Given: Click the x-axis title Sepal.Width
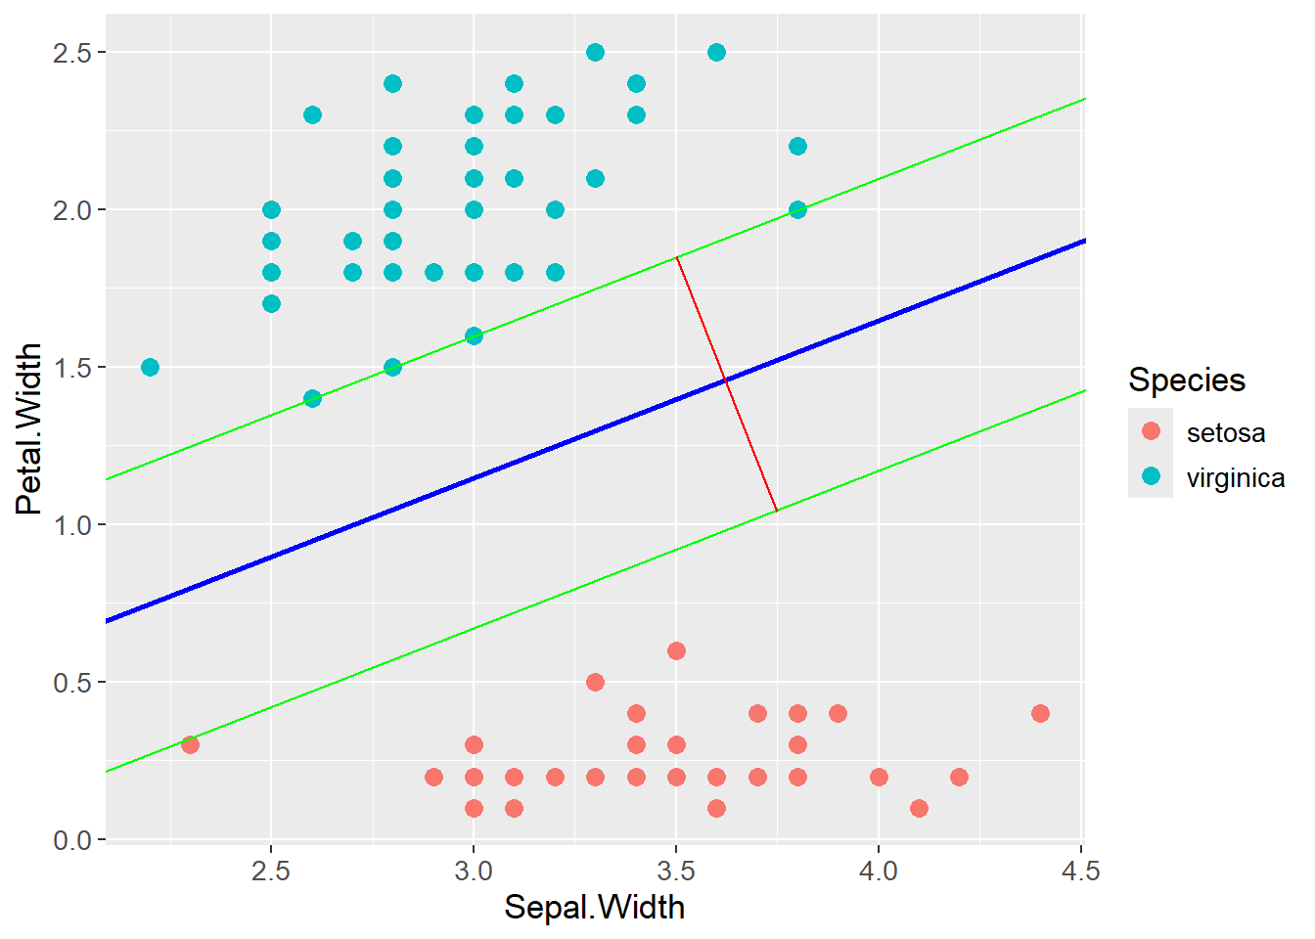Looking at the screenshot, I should [594, 908].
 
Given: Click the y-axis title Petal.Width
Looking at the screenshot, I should [29, 428].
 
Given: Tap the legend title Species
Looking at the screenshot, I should [1186, 380].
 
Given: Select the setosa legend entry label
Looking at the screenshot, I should [1225, 432].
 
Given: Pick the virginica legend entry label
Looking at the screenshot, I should [1235, 478].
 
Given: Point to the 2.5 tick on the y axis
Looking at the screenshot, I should [71, 53].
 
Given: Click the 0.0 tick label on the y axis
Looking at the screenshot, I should [71, 840].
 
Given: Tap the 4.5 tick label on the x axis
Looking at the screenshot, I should [1080, 871].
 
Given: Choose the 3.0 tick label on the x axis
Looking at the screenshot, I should [474, 871].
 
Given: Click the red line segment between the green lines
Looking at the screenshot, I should [726, 383].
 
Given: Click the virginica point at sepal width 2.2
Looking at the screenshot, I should [150, 367].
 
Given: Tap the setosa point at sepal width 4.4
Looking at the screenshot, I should [1040, 713].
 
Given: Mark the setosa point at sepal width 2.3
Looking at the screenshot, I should [190, 744].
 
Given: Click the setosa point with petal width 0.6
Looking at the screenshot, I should [676, 650].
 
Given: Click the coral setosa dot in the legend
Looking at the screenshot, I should [1151, 431].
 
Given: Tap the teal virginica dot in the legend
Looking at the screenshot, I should [1151, 476].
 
